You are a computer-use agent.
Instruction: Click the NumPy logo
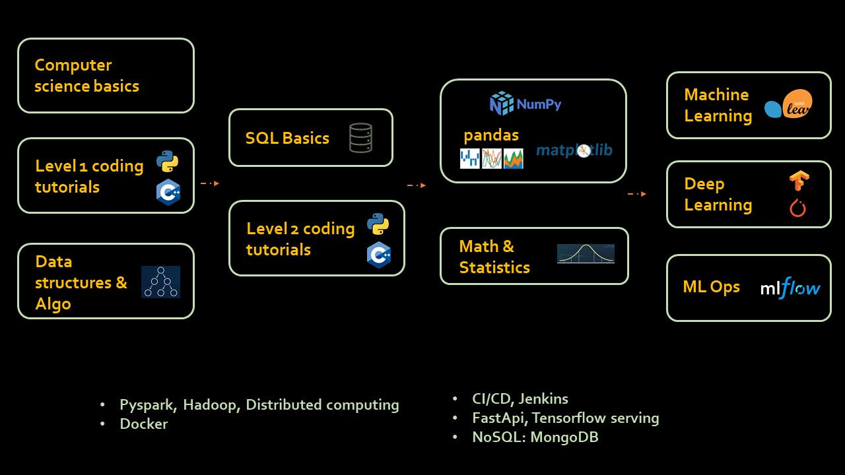click(525, 104)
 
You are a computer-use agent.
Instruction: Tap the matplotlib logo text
click(574, 150)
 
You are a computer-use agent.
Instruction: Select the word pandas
click(491, 135)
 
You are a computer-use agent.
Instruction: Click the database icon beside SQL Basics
click(360, 138)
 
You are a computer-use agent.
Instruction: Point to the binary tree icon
click(160, 282)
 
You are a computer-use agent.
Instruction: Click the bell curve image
click(586, 254)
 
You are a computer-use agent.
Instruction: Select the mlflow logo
click(790, 288)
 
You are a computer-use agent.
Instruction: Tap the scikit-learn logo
click(788, 106)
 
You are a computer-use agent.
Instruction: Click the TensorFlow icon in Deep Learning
click(799, 181)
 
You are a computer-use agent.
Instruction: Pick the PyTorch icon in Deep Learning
click(798, 208)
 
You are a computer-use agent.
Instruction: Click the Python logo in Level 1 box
click(168, 162)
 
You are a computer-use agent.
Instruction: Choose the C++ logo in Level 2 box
click(379, 255)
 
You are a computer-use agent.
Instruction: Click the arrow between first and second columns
click(209, 183)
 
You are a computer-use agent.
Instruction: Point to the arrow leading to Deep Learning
click(636, 194)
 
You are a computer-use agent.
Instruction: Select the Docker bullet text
click(143, 424)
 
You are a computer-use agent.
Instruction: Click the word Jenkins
click(543, 398)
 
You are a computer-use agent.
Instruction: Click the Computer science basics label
click(86, 75)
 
